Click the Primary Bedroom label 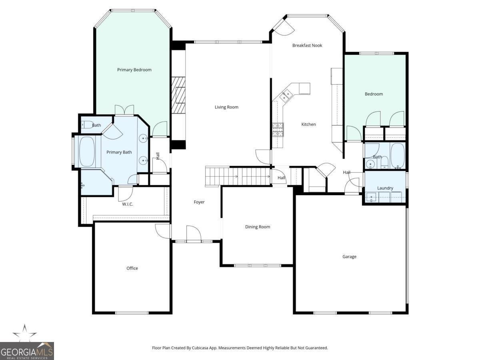[x=134, y=70]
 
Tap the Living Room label [x=226, y=107]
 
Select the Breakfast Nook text [x=307, y=45]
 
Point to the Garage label [x=349, y=256]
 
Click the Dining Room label [x=258, y=227]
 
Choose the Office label [x=132, y=268]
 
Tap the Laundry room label [x=385, y=188]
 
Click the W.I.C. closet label [x=128, y=204]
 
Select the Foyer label [x=199, y=202]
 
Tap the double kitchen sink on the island [x=286, y=95]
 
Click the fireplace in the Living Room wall [x=179, y=95]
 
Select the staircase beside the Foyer [x=238, y=176]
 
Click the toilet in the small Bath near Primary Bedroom [x=87, y=124]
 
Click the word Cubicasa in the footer [x=199, y=348]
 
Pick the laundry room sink [x=372, y=196]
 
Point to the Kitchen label [x=308, y=124]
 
